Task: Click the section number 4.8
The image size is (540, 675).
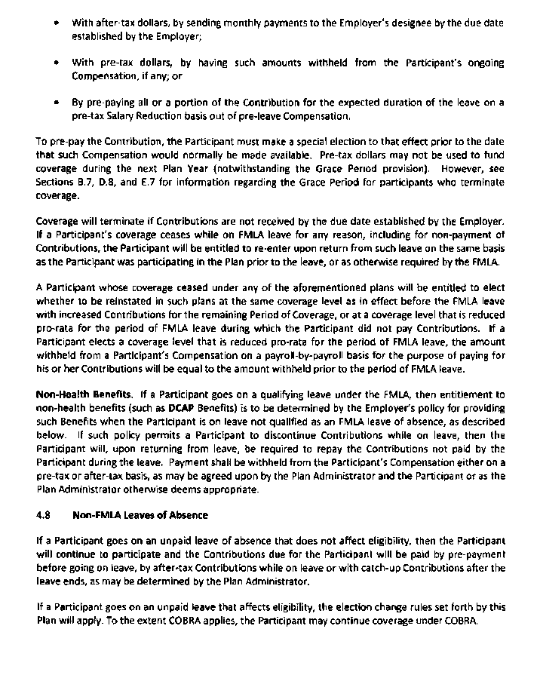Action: coord(44,515)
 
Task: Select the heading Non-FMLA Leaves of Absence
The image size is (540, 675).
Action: coord(140,515)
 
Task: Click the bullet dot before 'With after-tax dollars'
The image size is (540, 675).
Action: coord(57,24)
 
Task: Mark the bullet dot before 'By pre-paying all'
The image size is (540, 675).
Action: coord(57,102)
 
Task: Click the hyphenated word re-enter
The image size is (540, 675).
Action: coord(268,247)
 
